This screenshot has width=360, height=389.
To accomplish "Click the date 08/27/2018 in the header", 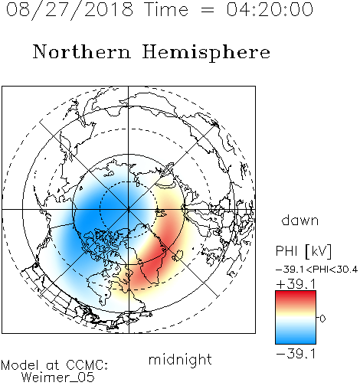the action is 70,10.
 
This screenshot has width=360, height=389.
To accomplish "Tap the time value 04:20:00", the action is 270,9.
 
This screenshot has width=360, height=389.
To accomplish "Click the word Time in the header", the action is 166,9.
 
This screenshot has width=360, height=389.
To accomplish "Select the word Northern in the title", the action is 82,51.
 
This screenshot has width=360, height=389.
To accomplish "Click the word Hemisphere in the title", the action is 206,53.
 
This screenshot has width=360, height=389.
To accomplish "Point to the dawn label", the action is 300,220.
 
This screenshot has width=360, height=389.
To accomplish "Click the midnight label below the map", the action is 180,359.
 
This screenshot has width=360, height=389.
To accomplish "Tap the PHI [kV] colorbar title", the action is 303,251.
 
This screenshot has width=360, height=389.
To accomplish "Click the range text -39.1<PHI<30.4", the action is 316,270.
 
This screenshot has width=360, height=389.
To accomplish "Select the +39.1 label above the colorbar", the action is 296,284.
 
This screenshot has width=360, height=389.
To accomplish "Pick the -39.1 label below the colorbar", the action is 296,354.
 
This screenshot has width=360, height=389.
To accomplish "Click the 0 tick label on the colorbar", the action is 322,319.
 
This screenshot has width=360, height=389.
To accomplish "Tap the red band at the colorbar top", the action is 296,295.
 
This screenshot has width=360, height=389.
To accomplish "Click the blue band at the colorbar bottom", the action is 296,338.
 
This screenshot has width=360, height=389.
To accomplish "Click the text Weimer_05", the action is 57,378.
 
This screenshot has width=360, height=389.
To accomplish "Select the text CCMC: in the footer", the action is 87,364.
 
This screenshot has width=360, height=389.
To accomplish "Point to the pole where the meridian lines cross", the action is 128,209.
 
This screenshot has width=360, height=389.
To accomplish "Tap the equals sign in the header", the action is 207,10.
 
